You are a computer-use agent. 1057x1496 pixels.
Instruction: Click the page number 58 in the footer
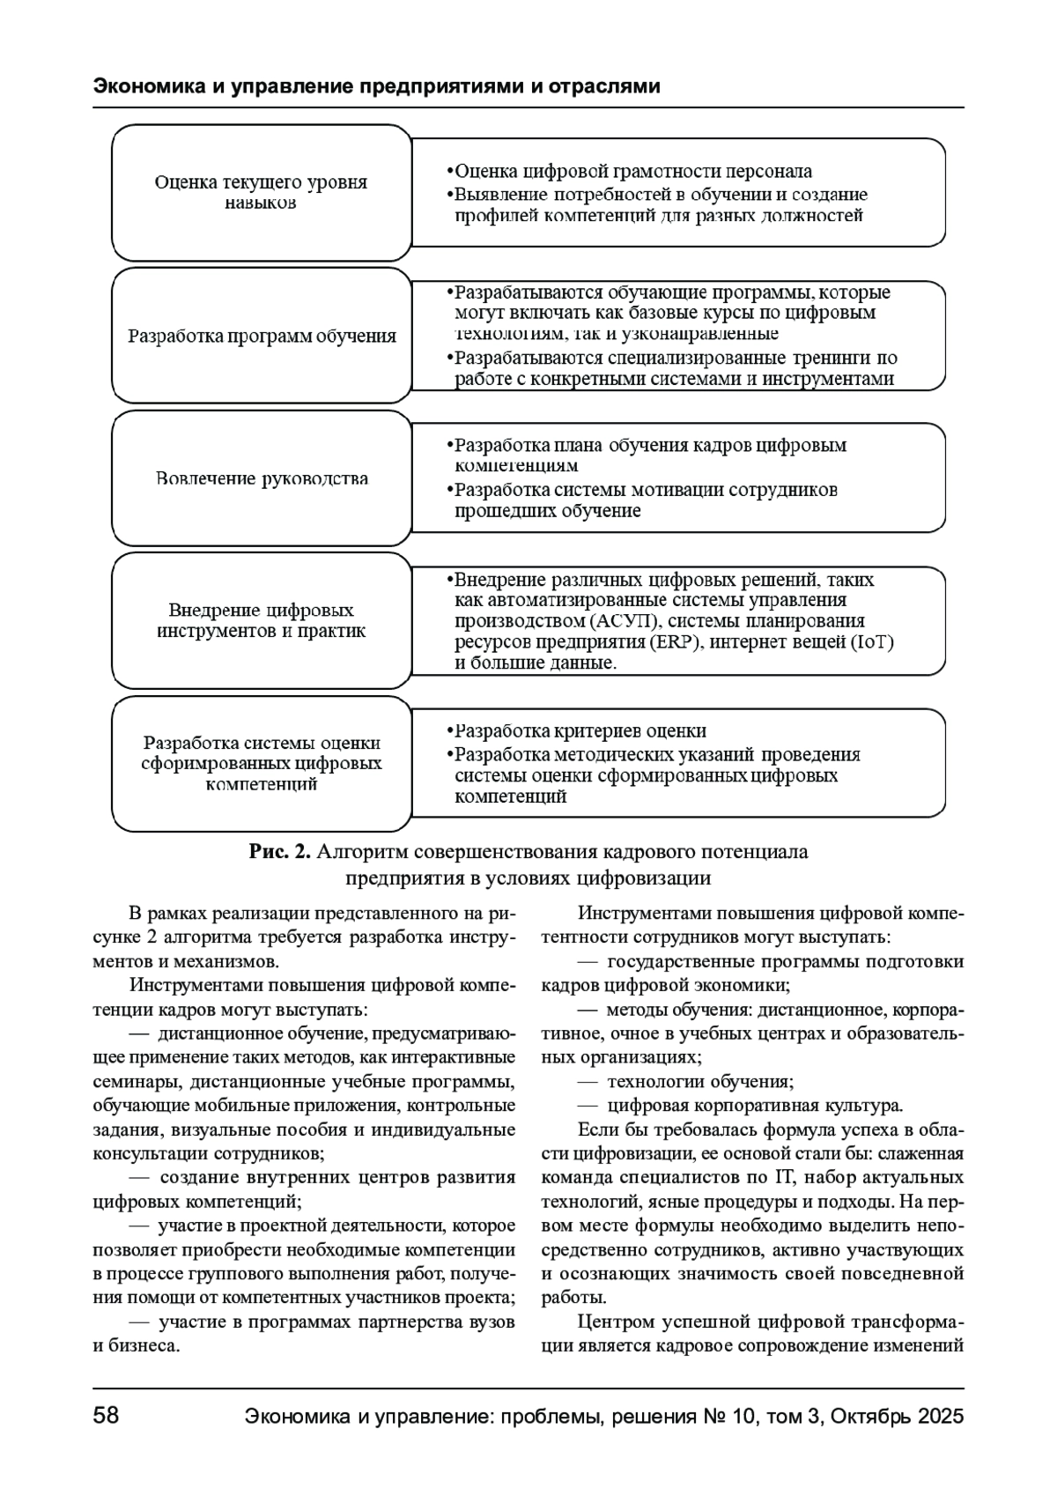tap(106, 1416)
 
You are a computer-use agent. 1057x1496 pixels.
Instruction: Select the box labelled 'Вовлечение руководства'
tap(262, 478)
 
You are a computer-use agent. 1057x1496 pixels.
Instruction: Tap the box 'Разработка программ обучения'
tap(262, 336)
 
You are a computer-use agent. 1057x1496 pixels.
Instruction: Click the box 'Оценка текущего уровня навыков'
tap(262, 192)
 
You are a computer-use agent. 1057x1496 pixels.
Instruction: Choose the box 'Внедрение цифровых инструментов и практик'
tap(262, 620)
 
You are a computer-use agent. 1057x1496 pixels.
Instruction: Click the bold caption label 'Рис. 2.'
tap(280, 852)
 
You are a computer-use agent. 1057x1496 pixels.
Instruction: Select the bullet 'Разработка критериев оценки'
tap(580, 731)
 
